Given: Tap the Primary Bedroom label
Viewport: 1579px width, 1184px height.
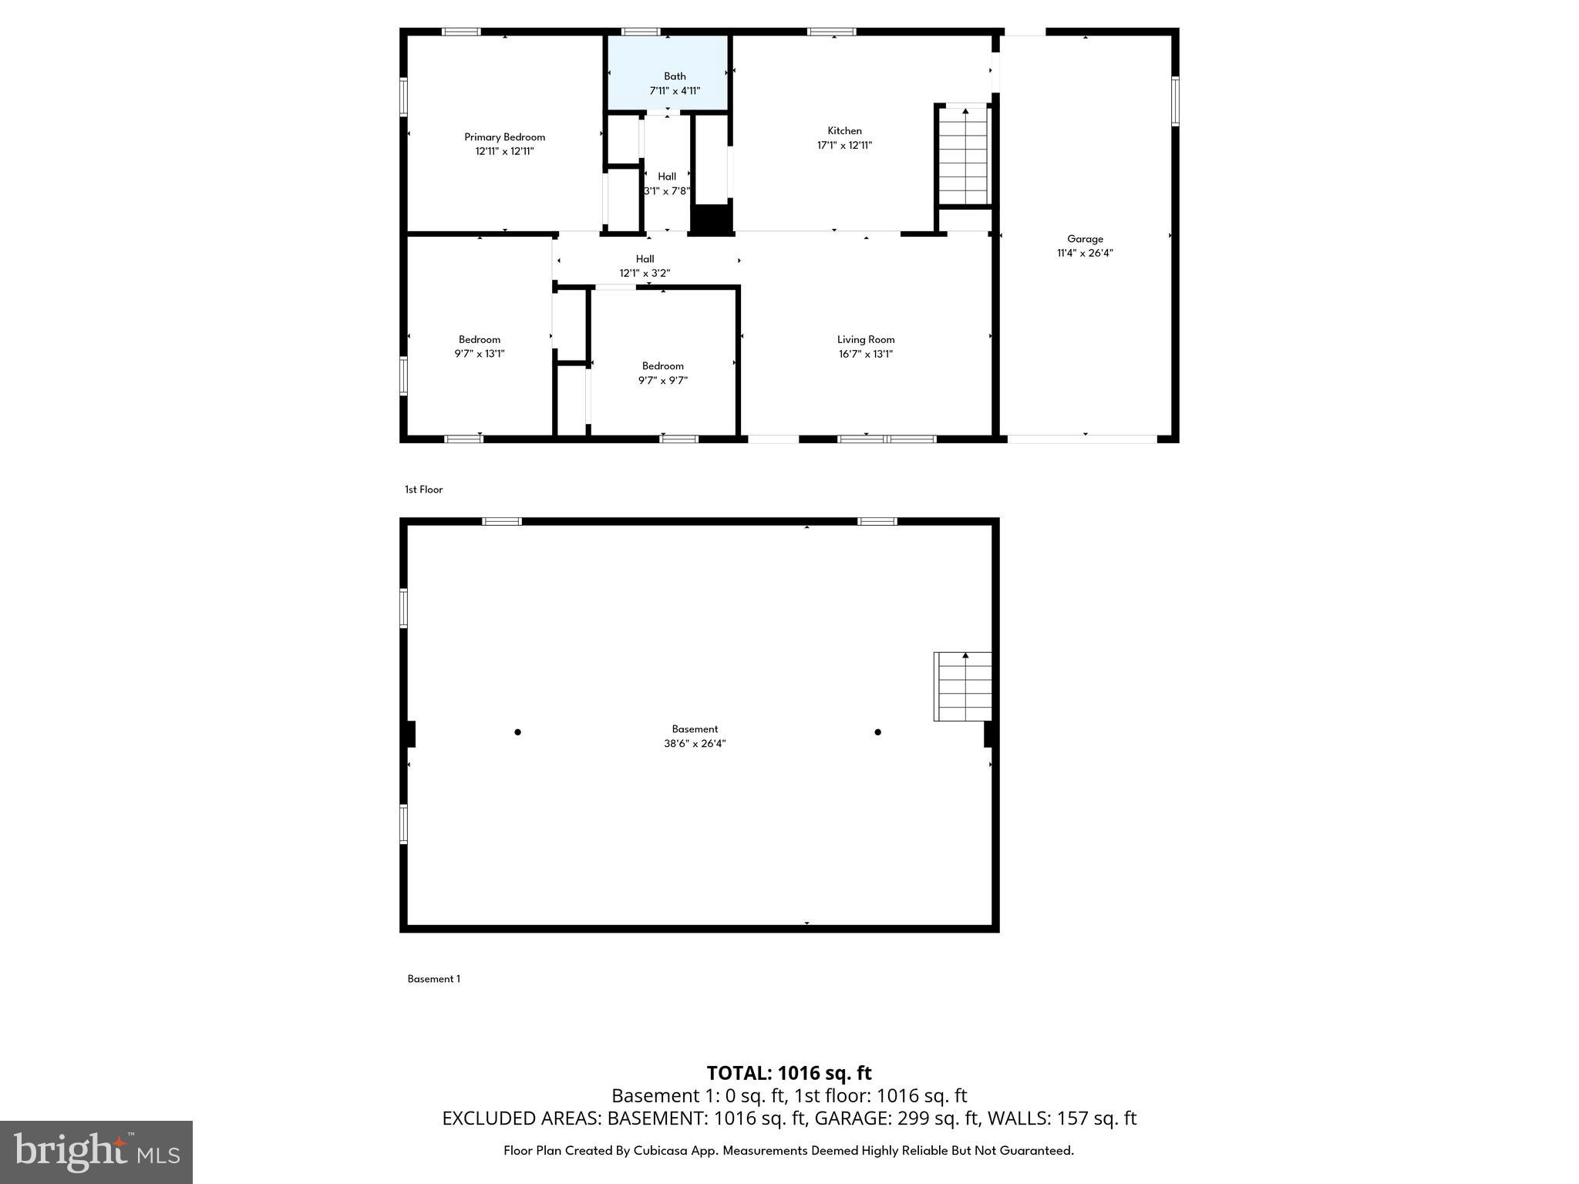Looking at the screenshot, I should click(x=504, y=137).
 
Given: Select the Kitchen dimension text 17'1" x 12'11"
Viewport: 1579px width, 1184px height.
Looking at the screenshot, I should click(x=844, y=146).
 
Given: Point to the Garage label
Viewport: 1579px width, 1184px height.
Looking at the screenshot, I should click(x=1085, y=239).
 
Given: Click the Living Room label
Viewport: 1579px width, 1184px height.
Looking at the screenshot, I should click(x=866, y=340).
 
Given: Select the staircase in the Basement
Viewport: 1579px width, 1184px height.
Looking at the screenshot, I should click(x=963, y=687).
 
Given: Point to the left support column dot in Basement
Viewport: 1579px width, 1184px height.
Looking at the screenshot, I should click(x=517, y=732).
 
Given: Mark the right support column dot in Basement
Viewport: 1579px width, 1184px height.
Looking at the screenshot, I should click(x=877, y=732).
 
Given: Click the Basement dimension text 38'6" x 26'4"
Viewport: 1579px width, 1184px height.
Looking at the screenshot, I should click(x=695, y=744).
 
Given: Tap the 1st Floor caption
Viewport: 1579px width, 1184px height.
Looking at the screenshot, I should click(x=423, y=489).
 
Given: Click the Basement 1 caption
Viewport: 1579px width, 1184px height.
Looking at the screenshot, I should click(x=433, y=979).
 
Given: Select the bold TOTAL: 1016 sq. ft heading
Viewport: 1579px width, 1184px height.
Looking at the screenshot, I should click(x=789, y=1073).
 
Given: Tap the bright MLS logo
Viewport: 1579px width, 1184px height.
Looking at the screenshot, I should click(x=96, y=1152).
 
